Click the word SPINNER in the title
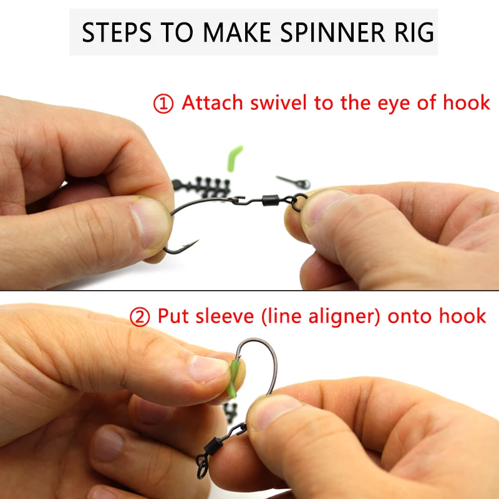click(x=332, y=32)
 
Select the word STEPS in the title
click(x=117, y=32)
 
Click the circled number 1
click(x=163, y=104)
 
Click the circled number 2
click(x=140, y=317)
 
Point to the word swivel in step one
click(x=278, y=102)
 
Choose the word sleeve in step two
click(x=225, y=316)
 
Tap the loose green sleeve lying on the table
click(x=235, y=158)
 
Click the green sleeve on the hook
click(x=234, y=379)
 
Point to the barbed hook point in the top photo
click(x=191, y=245)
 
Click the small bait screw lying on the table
click(x=293, y=182)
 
